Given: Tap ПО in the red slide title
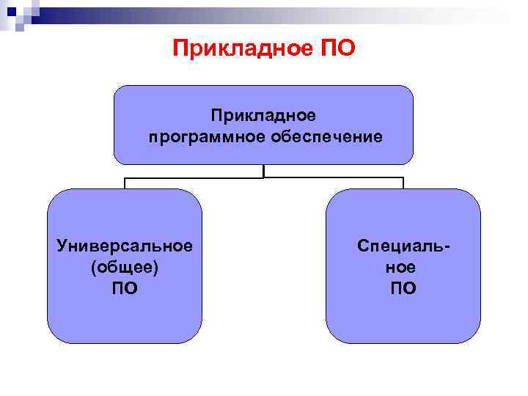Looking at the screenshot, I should coord(338,49).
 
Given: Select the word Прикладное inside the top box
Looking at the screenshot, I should coord(263,115).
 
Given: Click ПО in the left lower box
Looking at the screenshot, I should coord(125,289).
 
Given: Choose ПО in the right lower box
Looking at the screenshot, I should coord(403,289).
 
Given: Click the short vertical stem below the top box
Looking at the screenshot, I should coord(263,171).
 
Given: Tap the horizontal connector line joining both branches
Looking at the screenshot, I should coord(191,177).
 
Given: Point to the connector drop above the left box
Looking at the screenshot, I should coord(125,183).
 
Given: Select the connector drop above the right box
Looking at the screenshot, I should coord(403,183).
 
